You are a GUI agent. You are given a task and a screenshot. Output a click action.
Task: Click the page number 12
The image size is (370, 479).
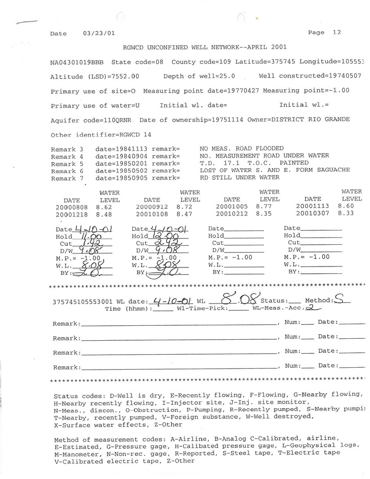point(336,32)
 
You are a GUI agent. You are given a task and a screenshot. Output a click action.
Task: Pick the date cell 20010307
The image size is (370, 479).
point(313,213)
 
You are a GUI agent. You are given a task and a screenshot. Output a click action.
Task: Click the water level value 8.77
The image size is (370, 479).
point(264,206)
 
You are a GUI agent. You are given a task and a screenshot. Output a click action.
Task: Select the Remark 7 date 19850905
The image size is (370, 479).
point(121,178)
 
